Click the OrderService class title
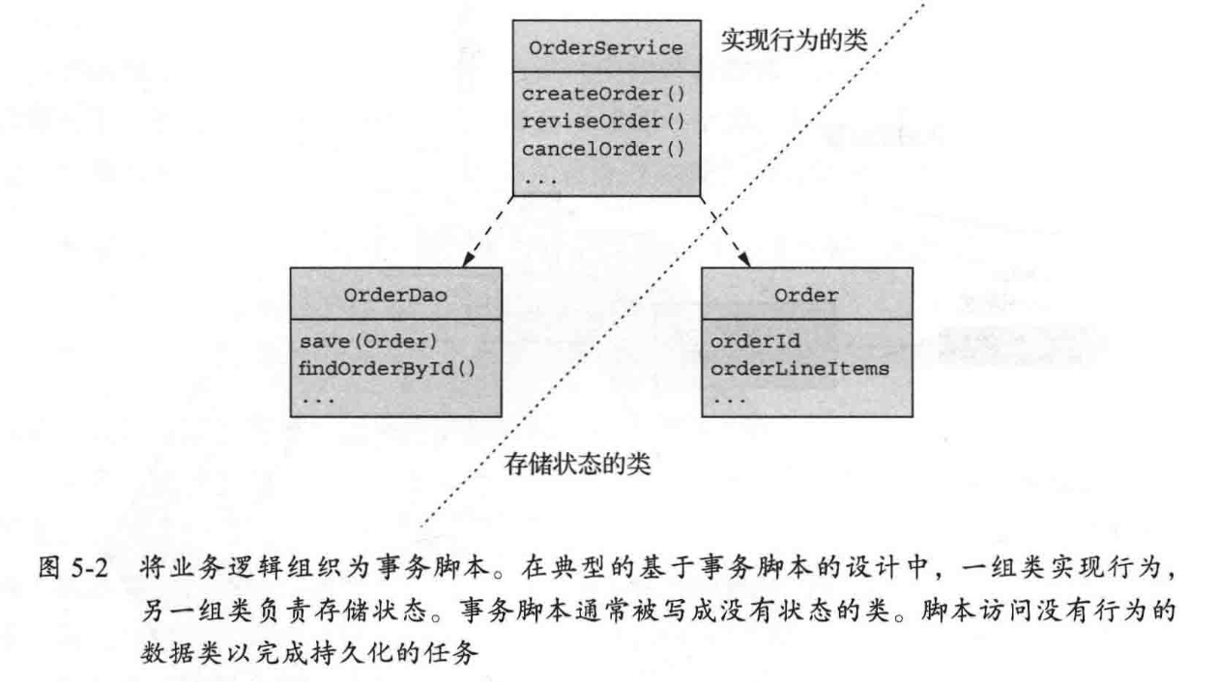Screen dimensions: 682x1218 [606, 47]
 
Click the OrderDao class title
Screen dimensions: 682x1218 [394, 297]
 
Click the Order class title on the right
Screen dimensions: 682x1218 [806, 297]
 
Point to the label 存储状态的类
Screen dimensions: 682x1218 [578, 466]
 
